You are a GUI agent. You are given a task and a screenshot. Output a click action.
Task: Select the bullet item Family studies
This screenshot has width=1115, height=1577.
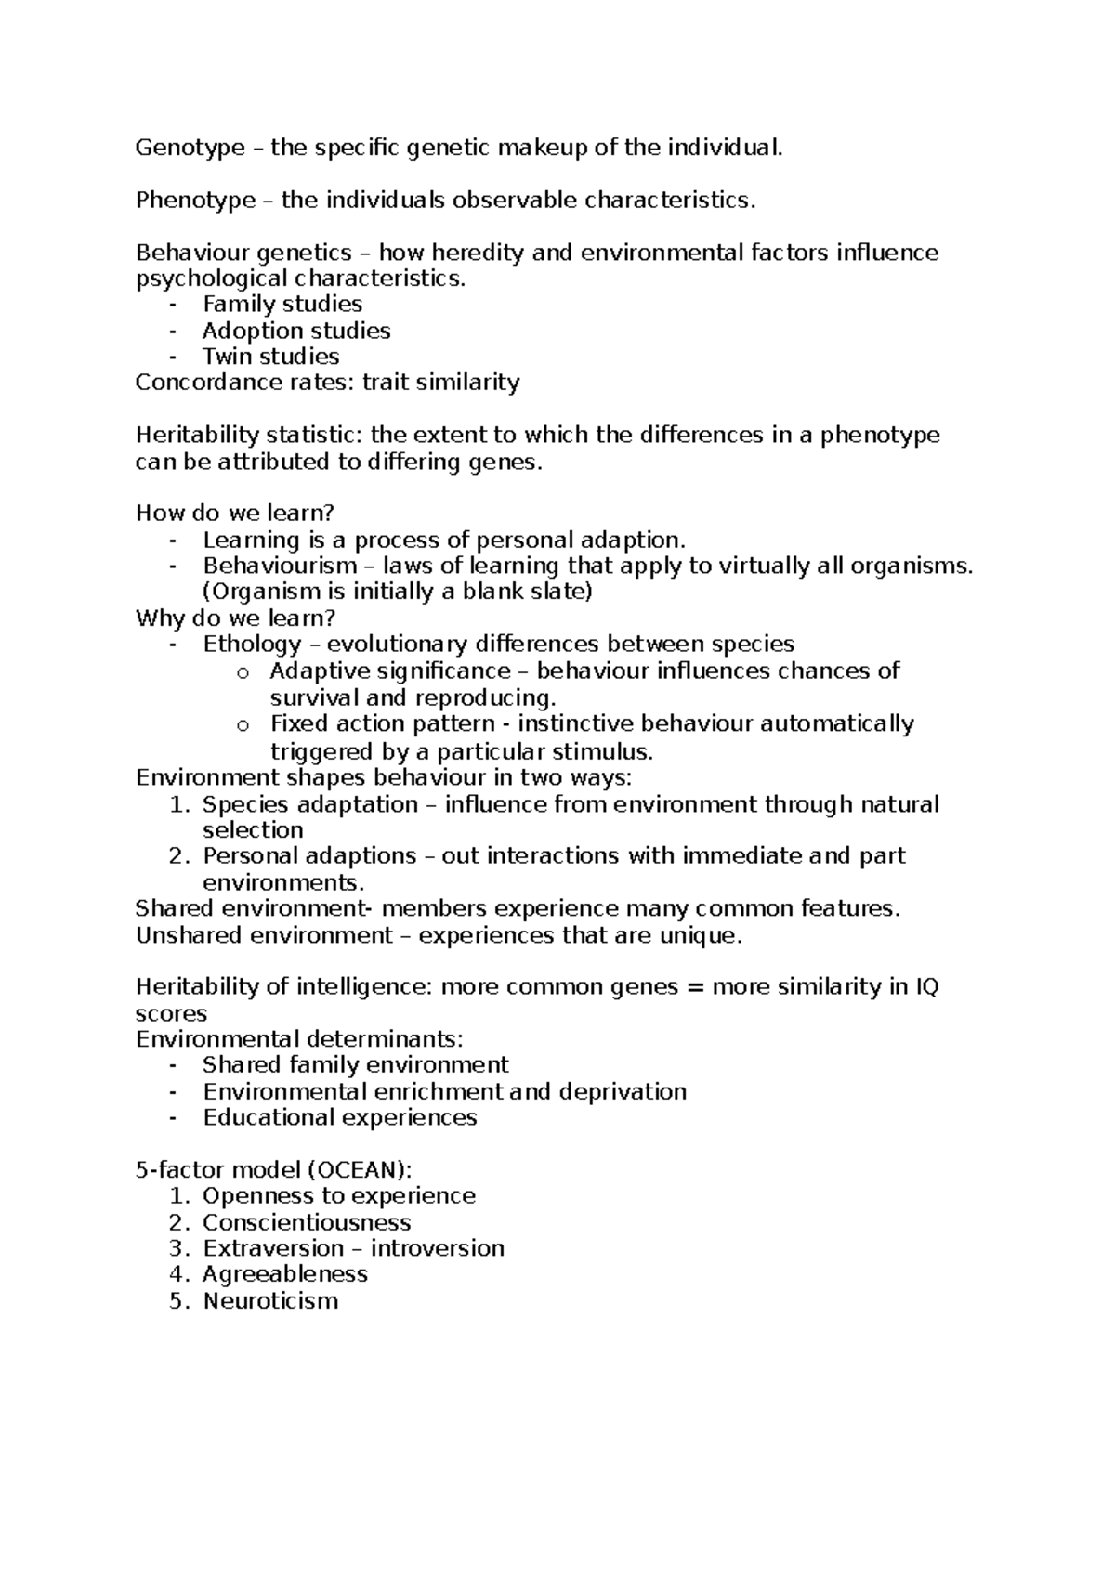tap(282, 305)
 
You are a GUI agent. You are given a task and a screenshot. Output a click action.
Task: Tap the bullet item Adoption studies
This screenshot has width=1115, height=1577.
tap(296, 331)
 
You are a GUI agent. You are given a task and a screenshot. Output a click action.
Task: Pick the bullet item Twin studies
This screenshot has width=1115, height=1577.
tap(270, 357)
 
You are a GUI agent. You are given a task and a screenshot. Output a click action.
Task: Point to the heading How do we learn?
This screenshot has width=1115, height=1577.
tap(234, 514)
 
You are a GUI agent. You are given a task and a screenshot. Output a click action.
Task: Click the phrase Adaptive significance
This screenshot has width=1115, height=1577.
tap(390, 671)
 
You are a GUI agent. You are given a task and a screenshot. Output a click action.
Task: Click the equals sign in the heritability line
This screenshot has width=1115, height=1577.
tap(695, 987)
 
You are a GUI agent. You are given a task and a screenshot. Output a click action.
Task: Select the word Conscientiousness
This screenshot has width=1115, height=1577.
tap(307, 1222)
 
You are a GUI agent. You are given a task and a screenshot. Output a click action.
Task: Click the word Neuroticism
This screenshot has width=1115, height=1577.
tap(270, 1300)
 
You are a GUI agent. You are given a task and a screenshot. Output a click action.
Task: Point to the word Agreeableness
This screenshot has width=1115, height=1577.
tap(285, 1274)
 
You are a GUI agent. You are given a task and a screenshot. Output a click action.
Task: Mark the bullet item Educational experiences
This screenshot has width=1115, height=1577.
tap(339, 1117)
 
